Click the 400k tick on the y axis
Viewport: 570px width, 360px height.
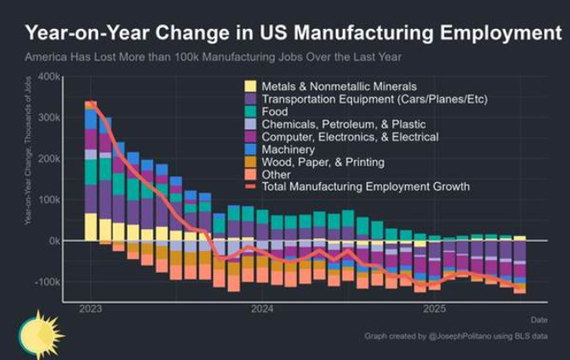click(49, 77)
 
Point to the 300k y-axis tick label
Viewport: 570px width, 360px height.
click(49, 117)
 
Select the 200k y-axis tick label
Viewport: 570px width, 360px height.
click(49, 158)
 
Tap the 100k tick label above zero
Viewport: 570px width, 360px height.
click(49, 199)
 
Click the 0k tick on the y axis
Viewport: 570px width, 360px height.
click(54, 241)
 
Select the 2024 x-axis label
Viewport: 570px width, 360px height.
click(263, 308)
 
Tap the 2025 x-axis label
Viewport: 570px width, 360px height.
click(435, 308)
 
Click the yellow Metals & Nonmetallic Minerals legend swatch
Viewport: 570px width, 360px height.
click(251, 86)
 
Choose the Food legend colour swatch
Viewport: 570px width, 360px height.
click(251, 111)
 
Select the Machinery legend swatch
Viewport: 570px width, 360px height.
click(251, 149)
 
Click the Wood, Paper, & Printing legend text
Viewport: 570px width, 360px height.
click(322, 162)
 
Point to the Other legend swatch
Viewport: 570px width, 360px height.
click(251, 174)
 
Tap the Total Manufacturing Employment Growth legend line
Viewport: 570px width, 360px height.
click(251, 186)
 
